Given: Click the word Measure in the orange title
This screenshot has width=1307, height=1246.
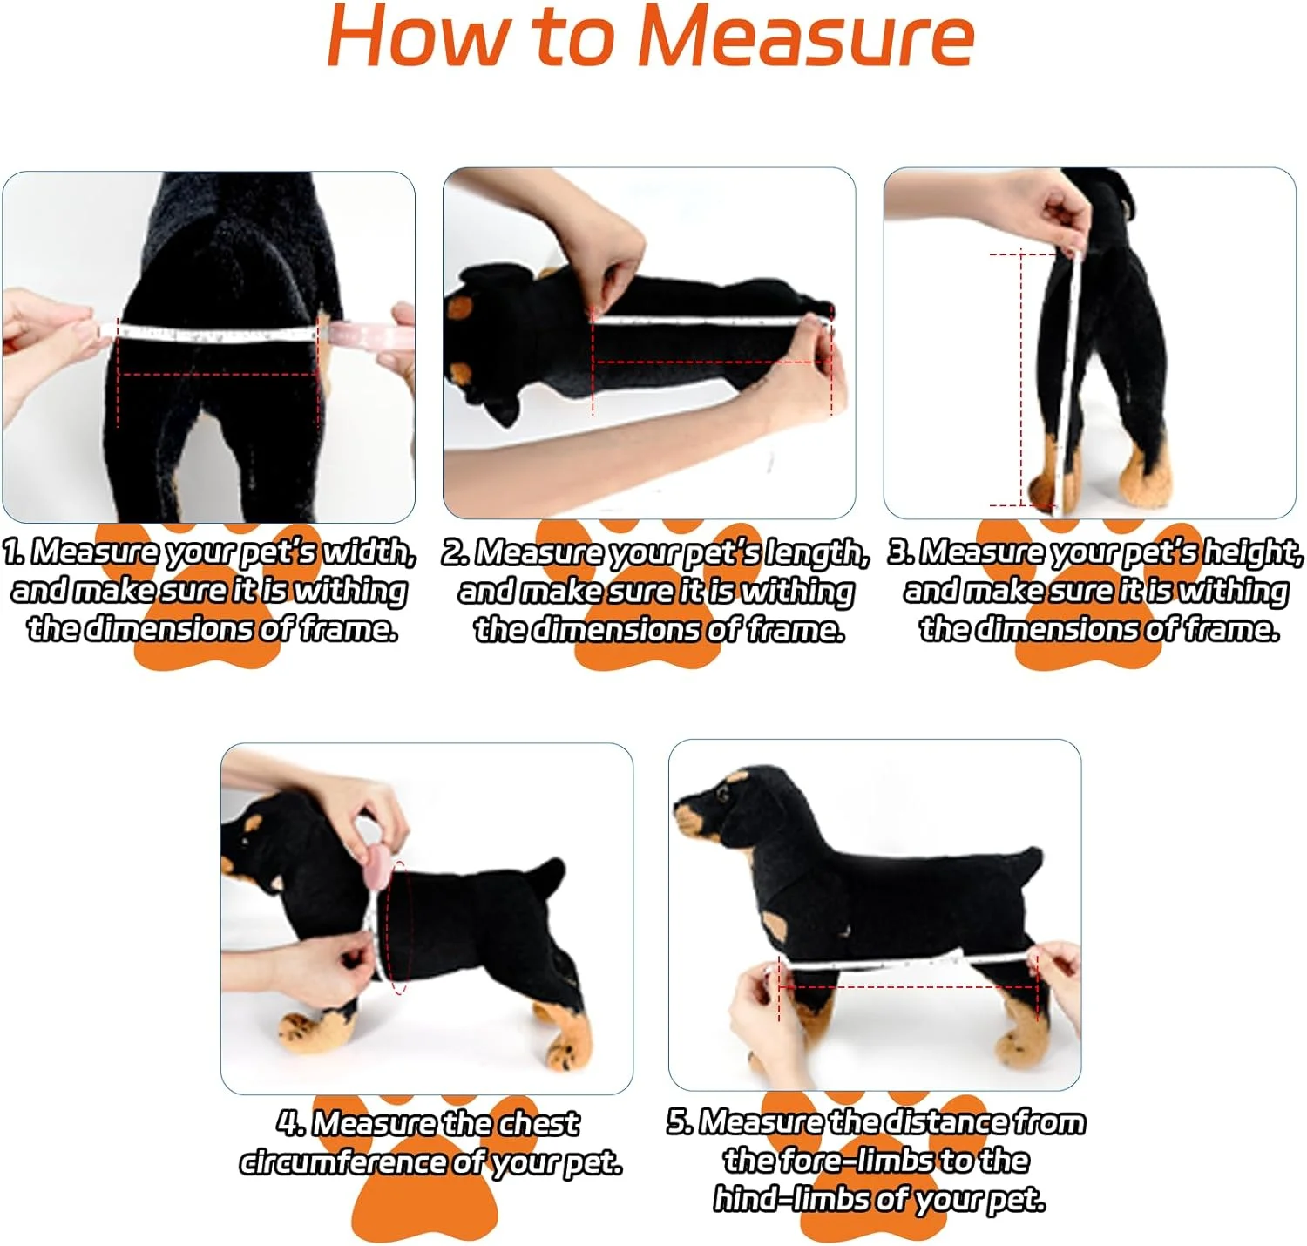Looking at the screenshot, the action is (805, 37).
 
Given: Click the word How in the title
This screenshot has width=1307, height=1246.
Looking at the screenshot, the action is (418, 37).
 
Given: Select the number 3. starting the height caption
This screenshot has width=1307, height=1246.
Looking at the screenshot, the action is (902, 552).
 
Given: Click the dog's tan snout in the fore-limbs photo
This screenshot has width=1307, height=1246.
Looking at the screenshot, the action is (688, 822).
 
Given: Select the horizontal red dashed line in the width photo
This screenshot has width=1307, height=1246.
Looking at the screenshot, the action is (217, 375).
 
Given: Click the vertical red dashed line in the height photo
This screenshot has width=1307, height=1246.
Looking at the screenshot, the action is (1022, 379).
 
